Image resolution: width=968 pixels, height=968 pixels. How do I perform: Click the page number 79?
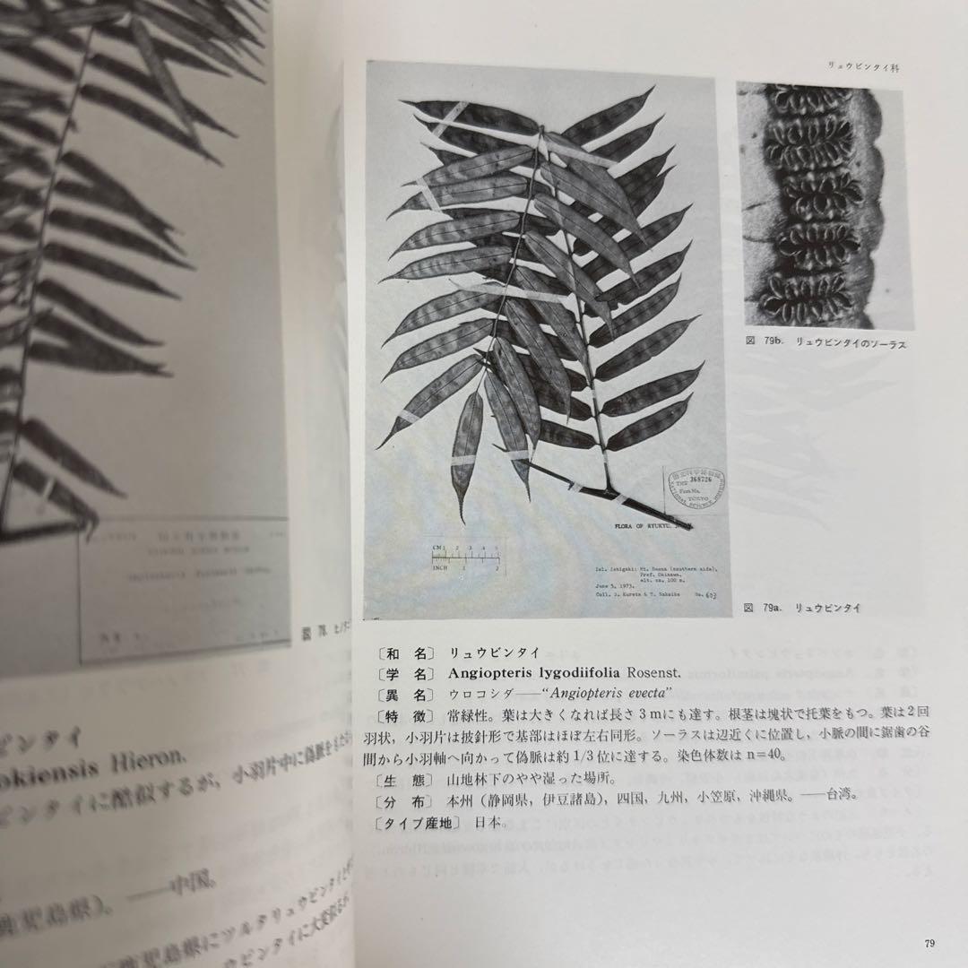click(929, 942)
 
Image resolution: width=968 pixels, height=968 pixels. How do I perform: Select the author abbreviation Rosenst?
click(662, 672)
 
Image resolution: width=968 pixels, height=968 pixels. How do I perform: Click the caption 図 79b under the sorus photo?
click(817, 342)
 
